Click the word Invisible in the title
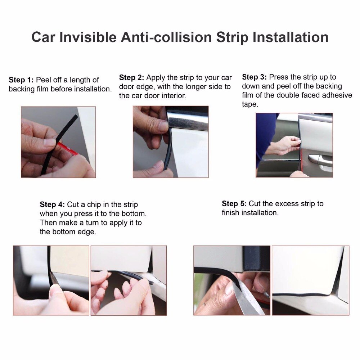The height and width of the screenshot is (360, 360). click(88, 37)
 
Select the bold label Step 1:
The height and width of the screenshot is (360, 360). click(21, 80)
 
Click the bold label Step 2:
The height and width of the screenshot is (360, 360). click(131, 78)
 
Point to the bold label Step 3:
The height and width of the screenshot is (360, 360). click(255, 77)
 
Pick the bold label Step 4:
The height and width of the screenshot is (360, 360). click(52, 204)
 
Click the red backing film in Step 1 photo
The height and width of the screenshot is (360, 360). click(68, 149)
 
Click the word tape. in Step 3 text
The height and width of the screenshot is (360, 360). click(250, 104)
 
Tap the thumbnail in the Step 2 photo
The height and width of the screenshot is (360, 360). click(163, 126)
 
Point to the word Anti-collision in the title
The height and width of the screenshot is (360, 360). click(166, 37)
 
